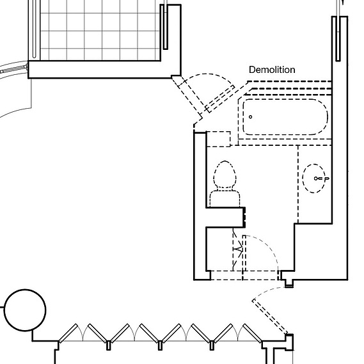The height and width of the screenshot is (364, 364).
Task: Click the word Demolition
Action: [272, 70]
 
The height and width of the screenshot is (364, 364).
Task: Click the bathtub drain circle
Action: [251, 117]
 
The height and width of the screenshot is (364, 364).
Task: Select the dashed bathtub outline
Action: [285, 117]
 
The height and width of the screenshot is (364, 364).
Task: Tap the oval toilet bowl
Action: [225, 174]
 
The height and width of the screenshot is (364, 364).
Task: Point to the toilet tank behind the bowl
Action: [225, 198]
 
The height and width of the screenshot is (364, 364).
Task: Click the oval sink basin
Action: [313, 178]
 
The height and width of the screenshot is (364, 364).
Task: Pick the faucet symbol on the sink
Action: [322, 178]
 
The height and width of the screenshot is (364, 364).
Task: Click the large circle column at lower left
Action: [25, 310]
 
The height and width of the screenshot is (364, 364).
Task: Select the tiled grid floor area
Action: [100, 30]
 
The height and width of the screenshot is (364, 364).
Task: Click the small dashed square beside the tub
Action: [218, 139]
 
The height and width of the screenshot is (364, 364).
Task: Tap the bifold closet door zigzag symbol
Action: [237, 249]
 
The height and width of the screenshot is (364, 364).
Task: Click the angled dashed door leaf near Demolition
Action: [220, 99]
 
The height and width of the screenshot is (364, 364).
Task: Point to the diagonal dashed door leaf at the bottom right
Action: [270, 317]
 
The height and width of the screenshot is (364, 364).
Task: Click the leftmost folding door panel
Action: [68, 333]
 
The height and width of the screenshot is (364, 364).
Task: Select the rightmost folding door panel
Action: [252, 333]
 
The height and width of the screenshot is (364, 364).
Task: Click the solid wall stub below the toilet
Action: [226, 218]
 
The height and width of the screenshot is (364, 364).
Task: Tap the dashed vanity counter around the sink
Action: [315, 184]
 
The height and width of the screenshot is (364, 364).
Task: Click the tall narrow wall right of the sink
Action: [340, 148]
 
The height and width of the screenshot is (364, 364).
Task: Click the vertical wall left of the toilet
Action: [200, 206]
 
